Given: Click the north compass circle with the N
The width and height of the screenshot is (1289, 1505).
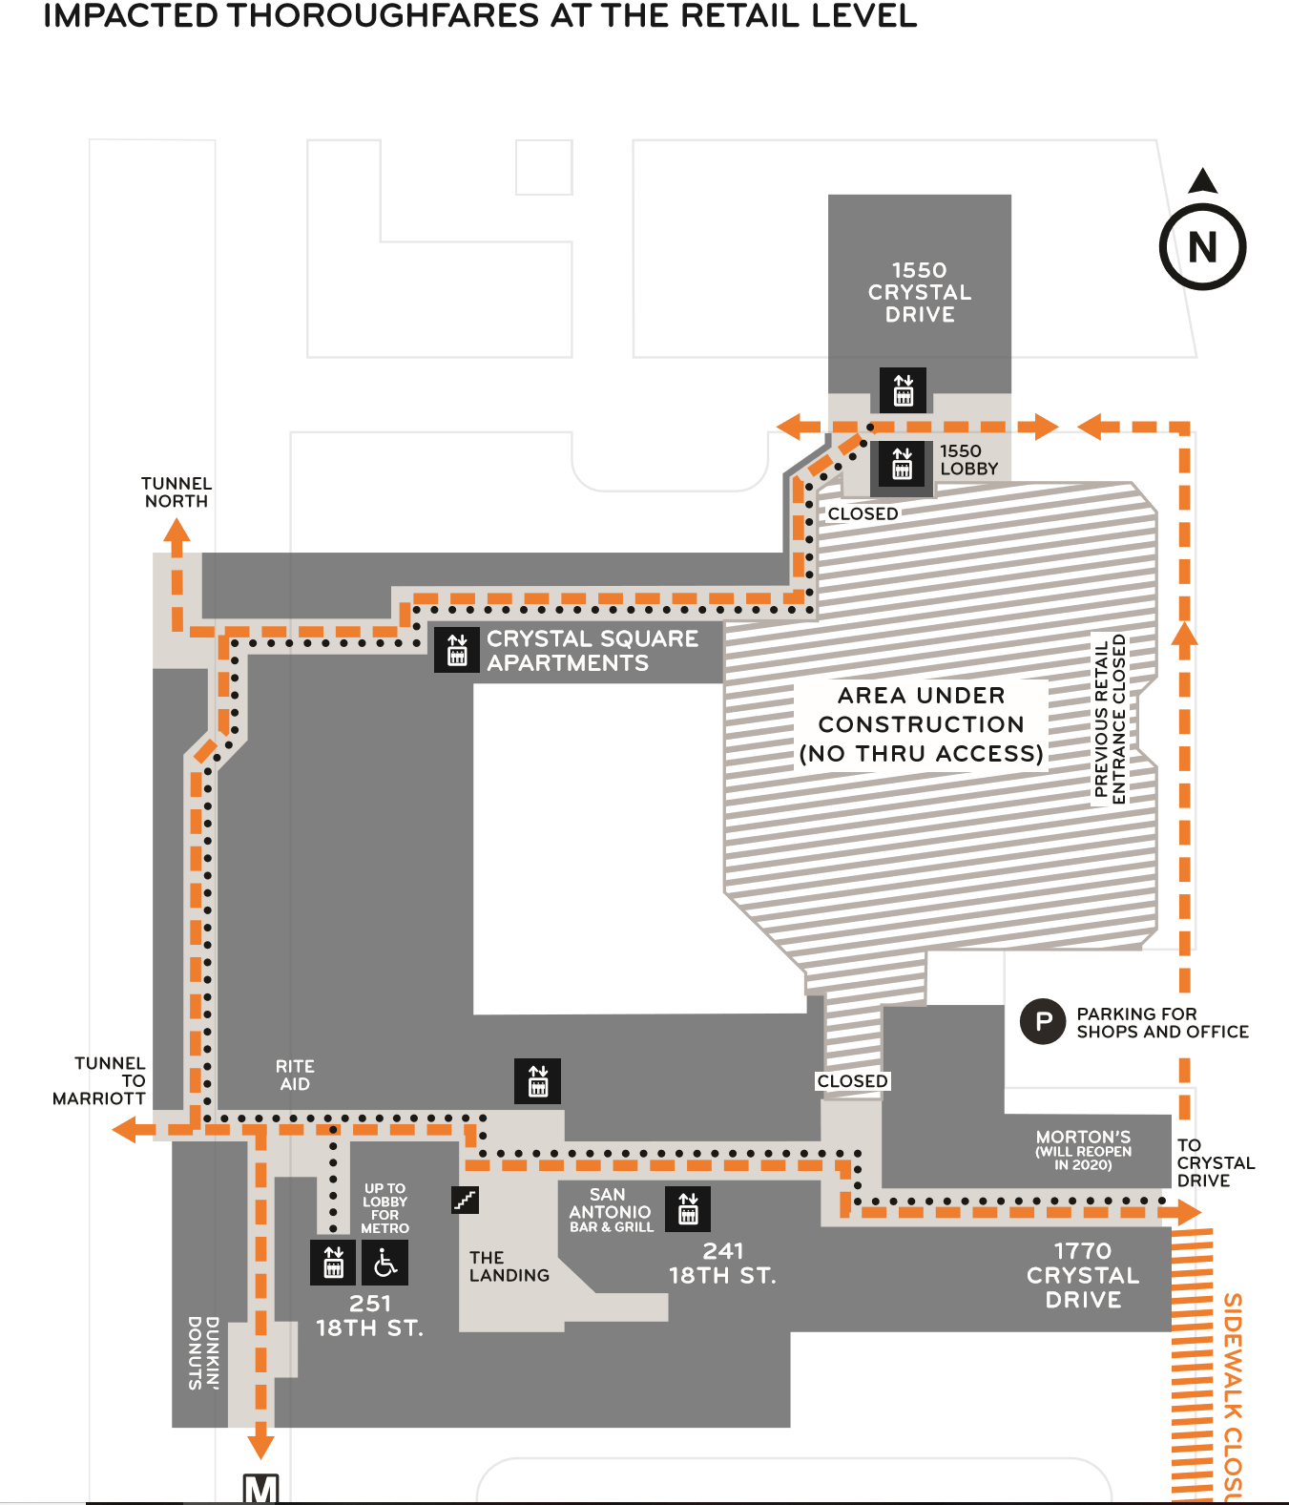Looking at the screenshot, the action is point(1201,247).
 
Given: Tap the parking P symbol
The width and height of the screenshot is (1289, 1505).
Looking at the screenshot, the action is point(1042,1021).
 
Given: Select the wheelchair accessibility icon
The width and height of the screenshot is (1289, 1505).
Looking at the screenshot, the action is point(385,1263).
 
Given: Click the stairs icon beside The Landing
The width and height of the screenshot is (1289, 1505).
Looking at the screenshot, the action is point(465,1200).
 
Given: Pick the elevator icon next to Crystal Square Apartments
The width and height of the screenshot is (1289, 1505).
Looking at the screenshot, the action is point(457,650).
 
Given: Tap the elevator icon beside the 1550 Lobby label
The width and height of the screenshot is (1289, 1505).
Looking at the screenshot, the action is point(903,463).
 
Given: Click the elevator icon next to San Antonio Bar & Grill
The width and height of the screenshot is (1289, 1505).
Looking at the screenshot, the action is point(688,1208).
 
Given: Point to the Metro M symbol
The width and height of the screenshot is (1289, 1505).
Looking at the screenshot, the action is point(260,1489).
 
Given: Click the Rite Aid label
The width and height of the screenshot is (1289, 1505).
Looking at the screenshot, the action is point(295,1075).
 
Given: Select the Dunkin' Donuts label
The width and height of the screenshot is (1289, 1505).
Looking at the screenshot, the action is point(203,1353).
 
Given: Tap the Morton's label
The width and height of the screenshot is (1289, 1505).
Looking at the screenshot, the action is point(1083,1150).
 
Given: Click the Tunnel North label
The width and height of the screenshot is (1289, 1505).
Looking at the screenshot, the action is point(177,492).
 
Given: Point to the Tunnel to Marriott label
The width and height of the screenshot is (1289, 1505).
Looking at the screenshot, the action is point(99,1080).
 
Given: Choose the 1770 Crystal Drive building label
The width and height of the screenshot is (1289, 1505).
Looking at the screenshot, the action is point(1083,1275).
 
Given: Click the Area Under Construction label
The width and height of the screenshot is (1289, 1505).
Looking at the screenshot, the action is point(922,724).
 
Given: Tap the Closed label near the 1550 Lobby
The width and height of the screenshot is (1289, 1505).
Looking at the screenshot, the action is point(863,513).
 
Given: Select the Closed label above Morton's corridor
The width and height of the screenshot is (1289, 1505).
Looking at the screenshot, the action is point(852,1080).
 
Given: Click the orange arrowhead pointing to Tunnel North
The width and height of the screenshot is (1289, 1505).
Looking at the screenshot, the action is point(177,530).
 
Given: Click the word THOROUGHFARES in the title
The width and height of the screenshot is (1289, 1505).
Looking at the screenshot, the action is point(384,16).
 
